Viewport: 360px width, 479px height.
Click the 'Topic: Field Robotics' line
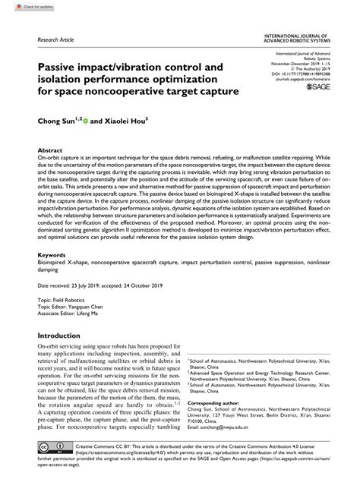(x=68, y=301)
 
